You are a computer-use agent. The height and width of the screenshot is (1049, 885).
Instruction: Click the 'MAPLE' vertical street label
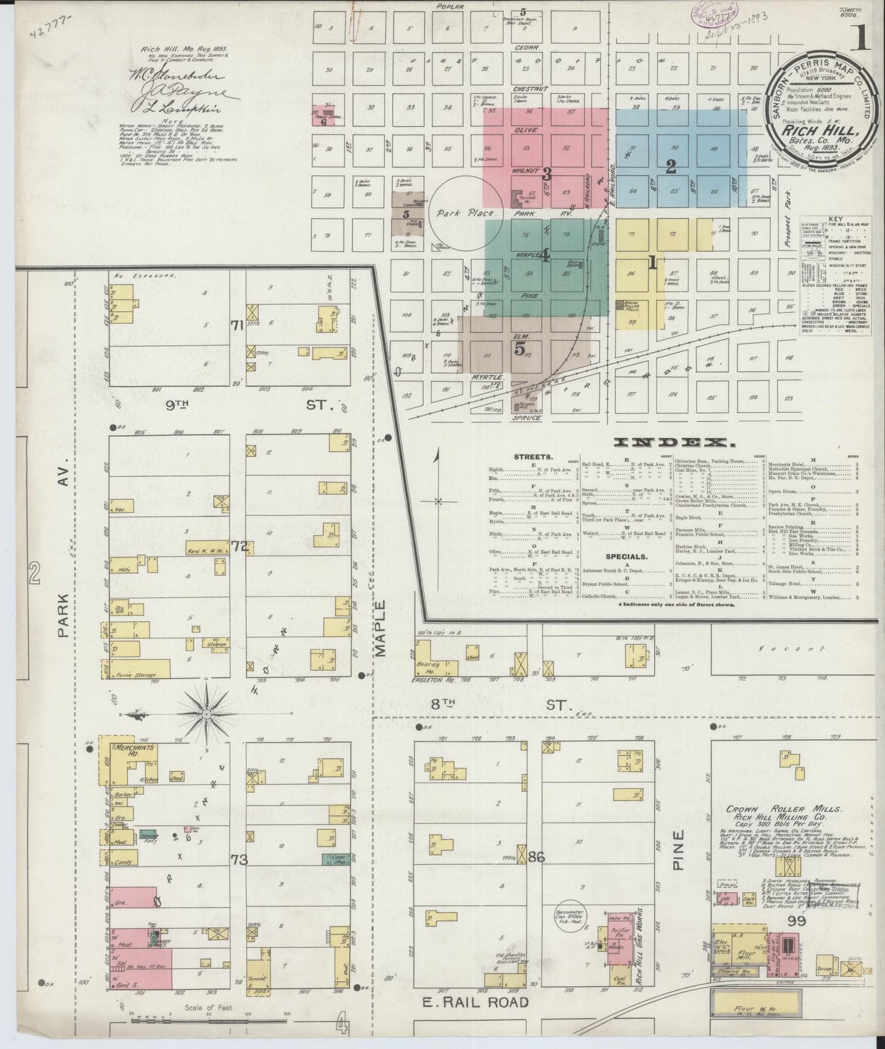tap(380, 629)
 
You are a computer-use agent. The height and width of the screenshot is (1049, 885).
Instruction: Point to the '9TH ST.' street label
tap(233, 405)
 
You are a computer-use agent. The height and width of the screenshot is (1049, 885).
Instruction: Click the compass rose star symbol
tap(206, 714)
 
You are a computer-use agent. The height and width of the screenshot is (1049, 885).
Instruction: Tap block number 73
tap(239, 860)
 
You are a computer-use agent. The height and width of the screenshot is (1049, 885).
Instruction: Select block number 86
tap(537, 857)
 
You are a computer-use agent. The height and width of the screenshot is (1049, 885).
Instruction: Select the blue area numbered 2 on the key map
tap(671, 166)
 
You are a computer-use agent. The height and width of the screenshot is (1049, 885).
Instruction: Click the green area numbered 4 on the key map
tap(545, 253)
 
